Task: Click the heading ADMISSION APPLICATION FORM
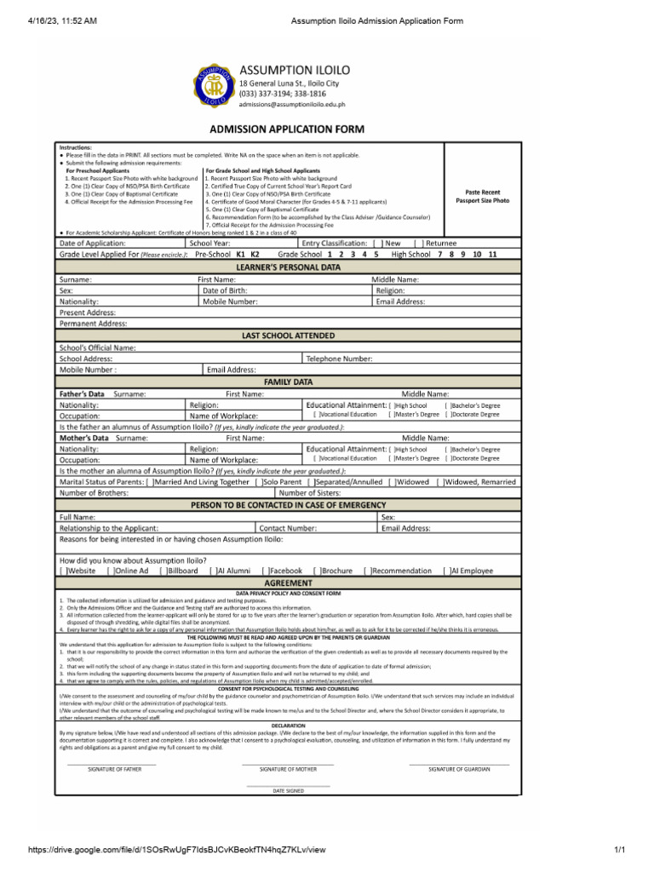pos(287,129)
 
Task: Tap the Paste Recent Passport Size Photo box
pos(482,197)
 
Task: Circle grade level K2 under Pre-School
pos(255,255)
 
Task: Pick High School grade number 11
pos(492,255)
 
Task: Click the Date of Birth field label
pos(225,290)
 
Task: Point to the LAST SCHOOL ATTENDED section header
pos(287,336)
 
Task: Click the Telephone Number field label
pos(339,359)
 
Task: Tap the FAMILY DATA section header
pos(288,382)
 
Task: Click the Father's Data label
pos(82,394)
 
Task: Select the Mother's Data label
pos(83,438)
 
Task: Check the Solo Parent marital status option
pos(259,482)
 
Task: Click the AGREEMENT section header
pos(288,582)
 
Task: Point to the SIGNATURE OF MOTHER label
pos(288,768)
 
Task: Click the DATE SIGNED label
pos(288,791)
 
